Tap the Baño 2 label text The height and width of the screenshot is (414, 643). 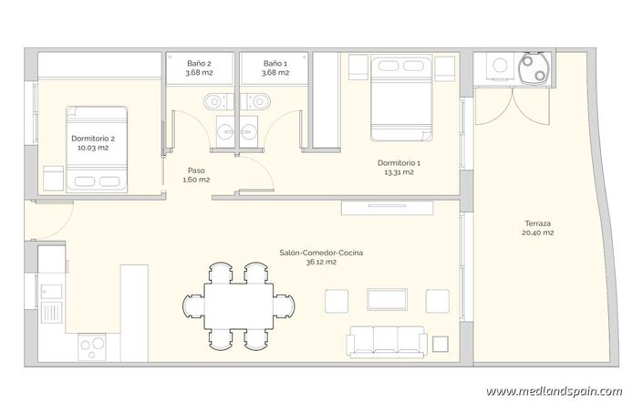click(x=199, y=67)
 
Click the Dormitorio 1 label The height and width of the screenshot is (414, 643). click(x=399, y=167)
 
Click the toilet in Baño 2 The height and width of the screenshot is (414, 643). click(x=213, y=98)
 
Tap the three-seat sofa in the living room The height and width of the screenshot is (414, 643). click(x=385, y=341)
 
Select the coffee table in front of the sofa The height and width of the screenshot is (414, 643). click(x=385, y=300)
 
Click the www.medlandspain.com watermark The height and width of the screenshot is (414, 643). click(x=554, y=391)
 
